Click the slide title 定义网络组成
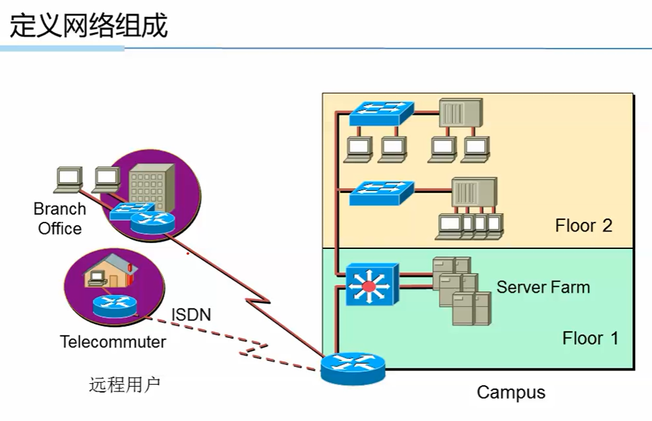[x=88, y=26]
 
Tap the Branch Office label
[x=60, y=219]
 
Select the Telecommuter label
[x=113, y=342]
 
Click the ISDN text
[x=191, y=314]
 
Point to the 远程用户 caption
[x=125, y=384]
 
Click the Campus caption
[x=511, y=393]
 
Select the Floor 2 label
[x=584, y=225]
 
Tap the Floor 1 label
[x=591, y=338]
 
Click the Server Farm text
[x=543, y=287]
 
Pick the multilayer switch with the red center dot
[x=372, y=285]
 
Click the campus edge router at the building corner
[x=353, y=368]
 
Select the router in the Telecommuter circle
[x=115, y=306]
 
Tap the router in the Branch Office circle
[x=152, y=223]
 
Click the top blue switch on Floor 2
[x=382, y=113]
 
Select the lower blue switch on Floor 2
[x=382, y=193]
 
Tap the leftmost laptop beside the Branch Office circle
[x=69, y=179]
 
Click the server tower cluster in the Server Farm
[x=462, y=291]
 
